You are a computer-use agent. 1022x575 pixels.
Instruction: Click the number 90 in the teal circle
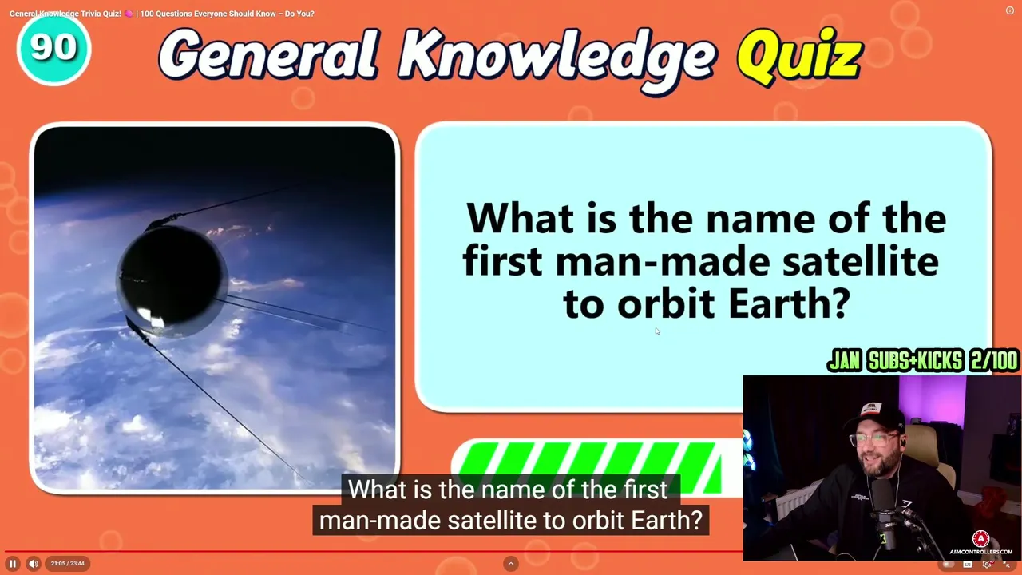(x=53, y=46)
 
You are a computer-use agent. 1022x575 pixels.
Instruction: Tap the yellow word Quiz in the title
(x=799, y=57)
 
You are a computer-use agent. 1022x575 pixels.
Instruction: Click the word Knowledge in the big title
(x=557, y=58)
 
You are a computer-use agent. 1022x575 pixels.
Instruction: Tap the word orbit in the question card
(x=666, y=303)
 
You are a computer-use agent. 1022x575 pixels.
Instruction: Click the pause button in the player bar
(x=13, y=564)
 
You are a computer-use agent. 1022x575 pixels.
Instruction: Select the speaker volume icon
(x=34, y=564)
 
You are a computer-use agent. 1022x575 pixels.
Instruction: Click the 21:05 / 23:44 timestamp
(x=68, y=564)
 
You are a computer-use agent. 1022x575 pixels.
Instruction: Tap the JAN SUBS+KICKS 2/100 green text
(x=922, y=361)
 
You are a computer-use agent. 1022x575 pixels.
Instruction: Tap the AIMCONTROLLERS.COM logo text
(x=981, y=552)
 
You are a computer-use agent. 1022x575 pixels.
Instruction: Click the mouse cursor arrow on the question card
(x=657, y=331)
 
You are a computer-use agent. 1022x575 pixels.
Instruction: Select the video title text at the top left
(x=162, y=14)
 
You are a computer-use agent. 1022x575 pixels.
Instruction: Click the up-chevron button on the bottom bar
(x=511, y=564)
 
